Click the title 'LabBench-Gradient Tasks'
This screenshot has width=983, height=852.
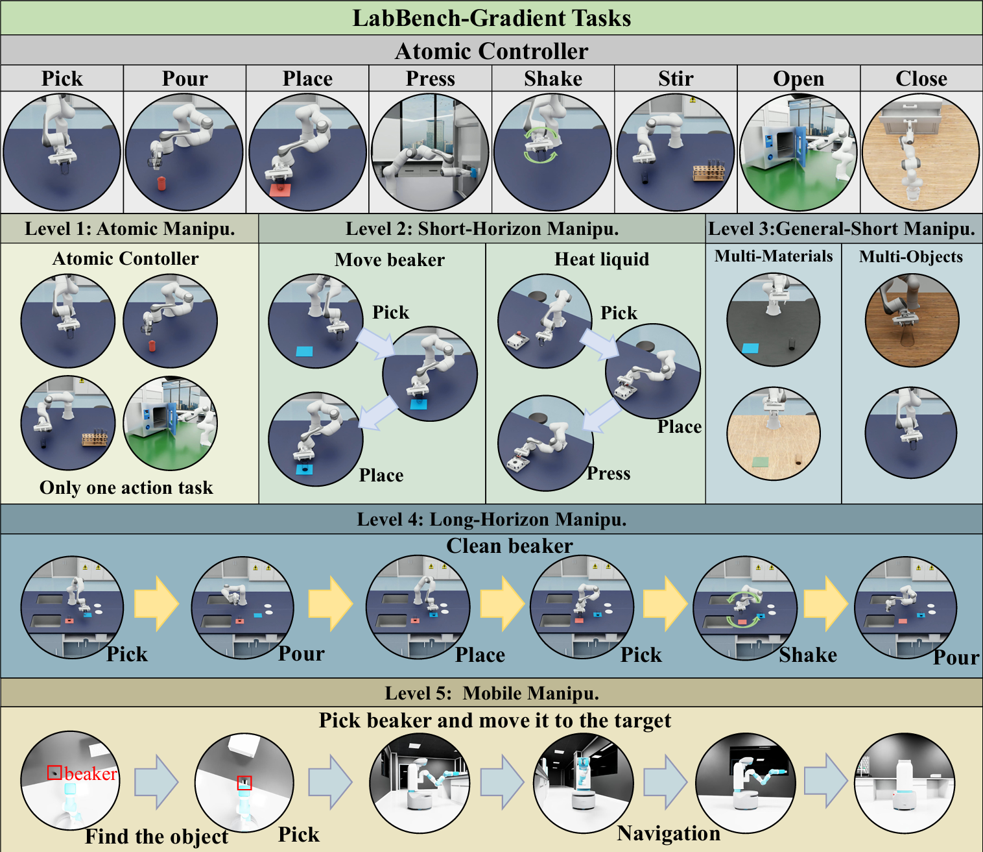[x=491, y=18]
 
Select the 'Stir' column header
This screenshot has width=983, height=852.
[x=676, y=79]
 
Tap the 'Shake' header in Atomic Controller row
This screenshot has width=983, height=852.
[x=553, y=79]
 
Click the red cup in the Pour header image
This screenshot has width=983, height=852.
[x=161, y=183]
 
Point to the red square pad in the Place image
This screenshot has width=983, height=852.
[x=280, y=190]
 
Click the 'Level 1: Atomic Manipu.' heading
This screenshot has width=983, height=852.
[x=130, y=229]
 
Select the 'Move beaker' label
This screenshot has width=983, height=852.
[x=390, y=260]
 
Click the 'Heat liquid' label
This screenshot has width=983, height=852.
[x=602, y=260]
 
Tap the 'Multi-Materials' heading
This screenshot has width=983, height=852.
[x=774, y=256]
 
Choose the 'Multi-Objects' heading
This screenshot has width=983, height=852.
[x=911, y=257]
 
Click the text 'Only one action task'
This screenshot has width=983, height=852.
[x=126, y=488]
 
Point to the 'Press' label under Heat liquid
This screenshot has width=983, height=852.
[x=608, y=473]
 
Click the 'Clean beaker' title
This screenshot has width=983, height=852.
[x=510, y=546]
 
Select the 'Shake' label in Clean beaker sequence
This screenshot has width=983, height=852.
[x=808, y=655]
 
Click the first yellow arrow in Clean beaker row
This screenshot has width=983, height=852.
[x=156, y=604]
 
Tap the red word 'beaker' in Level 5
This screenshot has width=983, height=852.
[x=90, y=774]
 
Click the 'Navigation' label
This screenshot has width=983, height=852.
[x=668, y=833]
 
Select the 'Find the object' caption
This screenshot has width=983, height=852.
[x=156, y=836]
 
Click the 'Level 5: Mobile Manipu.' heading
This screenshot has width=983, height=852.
[x=491, y=693]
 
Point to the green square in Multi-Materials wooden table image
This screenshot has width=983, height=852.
[x=761, y=462]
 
